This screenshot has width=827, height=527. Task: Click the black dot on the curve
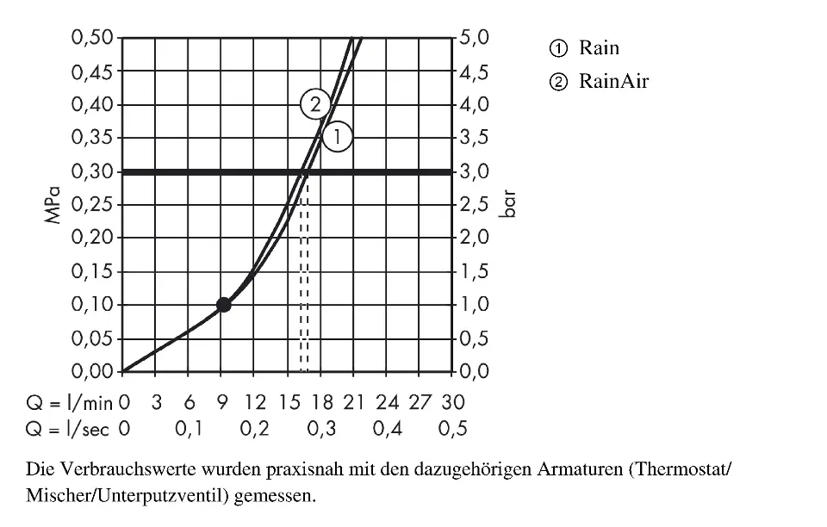pos(224,304)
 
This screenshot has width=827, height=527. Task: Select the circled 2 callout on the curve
pos(315,105)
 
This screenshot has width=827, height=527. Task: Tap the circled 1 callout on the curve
pos(338,137)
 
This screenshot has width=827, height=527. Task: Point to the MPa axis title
pos(55,204)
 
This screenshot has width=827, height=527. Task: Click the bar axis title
pos(510,204)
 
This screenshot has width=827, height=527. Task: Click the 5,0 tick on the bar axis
pos(475,38)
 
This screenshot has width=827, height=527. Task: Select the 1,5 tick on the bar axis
pos(475,271)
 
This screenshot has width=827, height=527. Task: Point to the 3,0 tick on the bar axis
pos(475,171)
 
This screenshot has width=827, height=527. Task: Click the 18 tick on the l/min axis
pos(321,402)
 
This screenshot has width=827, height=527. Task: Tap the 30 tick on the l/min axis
pos(453,402)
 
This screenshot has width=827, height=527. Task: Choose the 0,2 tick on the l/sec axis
pos(255,429)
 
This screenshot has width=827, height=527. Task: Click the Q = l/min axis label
pos(68,402)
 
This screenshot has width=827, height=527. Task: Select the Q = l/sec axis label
pos(68,429)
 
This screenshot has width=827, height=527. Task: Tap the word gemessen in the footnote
pos(276,497)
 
